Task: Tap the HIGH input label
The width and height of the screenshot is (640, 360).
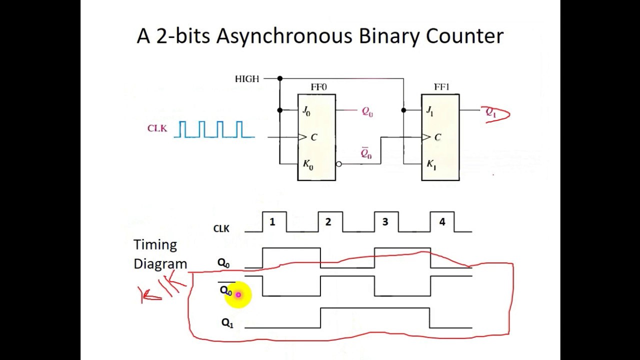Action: click(247, 79)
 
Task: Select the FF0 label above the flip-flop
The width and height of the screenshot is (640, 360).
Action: click(318, 87)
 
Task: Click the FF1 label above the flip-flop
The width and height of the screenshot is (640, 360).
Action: click(441, 87)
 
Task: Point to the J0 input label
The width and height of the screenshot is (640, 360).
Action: click(306, 111)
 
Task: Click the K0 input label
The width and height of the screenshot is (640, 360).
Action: click(308, 165)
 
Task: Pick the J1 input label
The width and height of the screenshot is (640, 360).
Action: click(429, 111)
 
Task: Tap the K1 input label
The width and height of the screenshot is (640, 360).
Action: click(431, 165)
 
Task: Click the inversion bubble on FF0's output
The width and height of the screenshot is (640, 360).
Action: click(339, 164)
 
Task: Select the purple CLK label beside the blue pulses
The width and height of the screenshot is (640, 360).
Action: click(157, 128)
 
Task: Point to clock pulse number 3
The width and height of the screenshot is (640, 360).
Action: click(385, 221)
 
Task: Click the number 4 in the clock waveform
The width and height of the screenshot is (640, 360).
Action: click(442, 221)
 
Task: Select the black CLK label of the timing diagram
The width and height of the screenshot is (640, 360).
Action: click(221, 228)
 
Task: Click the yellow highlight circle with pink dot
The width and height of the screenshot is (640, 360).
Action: click(238, 294)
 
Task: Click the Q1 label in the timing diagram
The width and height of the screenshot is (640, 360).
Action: click(227, 323)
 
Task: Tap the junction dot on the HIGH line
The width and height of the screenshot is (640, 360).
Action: click(280, 78)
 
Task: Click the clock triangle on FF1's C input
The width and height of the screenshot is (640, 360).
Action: click(426, 137)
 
